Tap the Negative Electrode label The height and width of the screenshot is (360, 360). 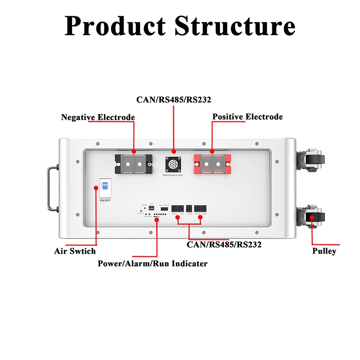click(x=98, y=117)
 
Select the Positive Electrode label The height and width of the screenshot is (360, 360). click(x=247, y=117)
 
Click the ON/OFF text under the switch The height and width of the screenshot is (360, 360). click(x=105, y=200)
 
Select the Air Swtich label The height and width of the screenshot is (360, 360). click(x=75, y=251)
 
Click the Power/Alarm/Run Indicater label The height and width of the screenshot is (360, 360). click(x=153, y=264)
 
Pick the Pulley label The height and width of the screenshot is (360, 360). click(x=324, y=251)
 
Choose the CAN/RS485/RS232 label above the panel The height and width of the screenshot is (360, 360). click(x=174, y=99)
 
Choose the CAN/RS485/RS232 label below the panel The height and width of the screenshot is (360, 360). click(x=224, y=245)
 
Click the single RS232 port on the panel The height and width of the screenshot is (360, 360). click(x=189, y=208)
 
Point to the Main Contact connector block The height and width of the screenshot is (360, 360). click(x=164, y=209)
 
